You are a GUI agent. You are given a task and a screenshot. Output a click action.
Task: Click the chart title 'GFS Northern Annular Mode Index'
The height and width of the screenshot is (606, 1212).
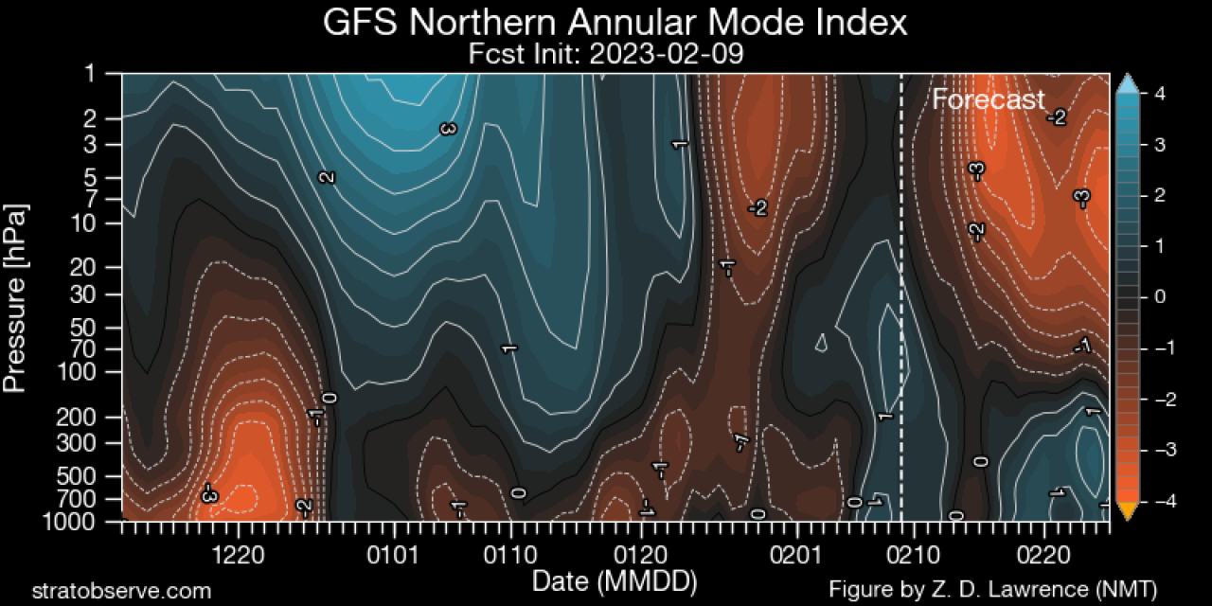(x=615, y=23)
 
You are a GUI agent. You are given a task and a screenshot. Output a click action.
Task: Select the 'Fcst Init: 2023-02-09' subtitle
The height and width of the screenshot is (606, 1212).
(x=606, y=54)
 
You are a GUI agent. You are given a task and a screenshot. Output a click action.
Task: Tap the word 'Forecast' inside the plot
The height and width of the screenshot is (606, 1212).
(x=989, y=99)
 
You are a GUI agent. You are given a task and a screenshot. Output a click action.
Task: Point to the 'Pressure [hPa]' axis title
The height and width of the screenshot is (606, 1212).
(x=16, y=297)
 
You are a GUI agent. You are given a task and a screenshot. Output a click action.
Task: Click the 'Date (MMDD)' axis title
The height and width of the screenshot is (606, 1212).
(x=615, y=579)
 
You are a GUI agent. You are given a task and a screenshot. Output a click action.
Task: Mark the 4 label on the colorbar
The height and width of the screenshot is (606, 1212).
(x=1158, y=93)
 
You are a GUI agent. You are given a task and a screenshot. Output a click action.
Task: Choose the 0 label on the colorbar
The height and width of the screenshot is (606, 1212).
(x=1158, y=297)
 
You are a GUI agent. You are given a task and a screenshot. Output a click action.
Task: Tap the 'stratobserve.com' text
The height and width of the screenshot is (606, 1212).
(x=121, y=591)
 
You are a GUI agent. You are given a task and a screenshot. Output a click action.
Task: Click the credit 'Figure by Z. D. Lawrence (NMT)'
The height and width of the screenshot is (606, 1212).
(x=992, y=590)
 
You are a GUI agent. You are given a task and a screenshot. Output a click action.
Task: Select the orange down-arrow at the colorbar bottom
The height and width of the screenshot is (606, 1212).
(x=1127, y=512)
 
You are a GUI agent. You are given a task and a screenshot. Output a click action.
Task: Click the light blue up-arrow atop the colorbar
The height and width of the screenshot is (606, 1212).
(x=1127, y=83)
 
